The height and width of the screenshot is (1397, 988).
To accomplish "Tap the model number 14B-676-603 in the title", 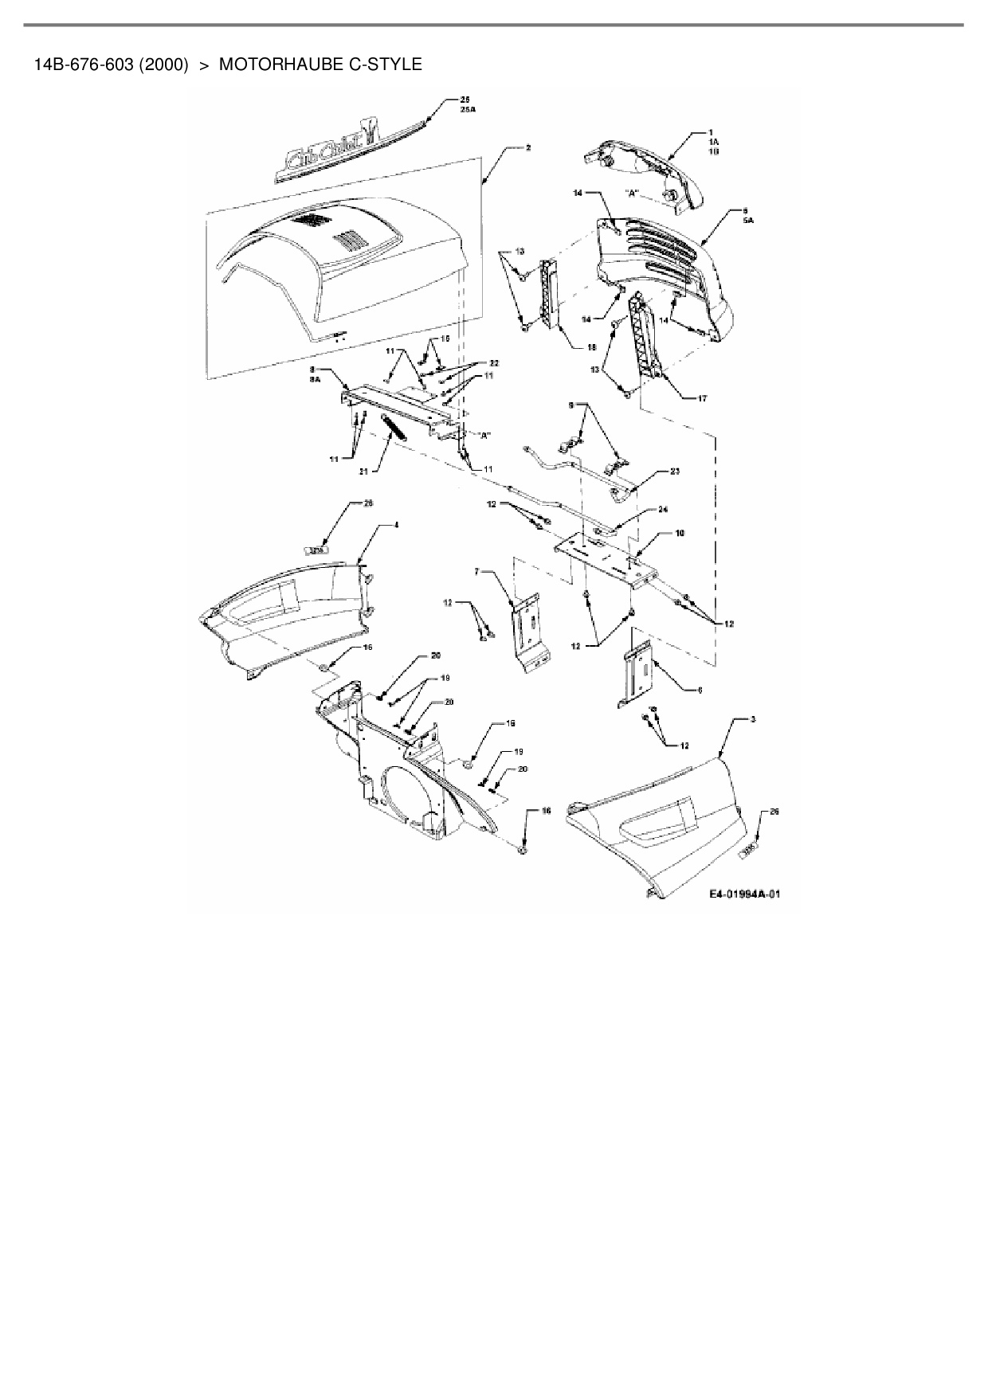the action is pos(84,65).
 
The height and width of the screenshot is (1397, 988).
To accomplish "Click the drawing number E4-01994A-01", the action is pos(744,894).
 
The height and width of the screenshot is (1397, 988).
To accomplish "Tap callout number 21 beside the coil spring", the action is pos(364,472).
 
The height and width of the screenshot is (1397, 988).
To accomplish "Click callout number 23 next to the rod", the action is pos(674,471).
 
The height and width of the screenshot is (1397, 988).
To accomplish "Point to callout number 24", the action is pos(663,509).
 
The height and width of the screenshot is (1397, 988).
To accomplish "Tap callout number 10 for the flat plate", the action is pos(680,533).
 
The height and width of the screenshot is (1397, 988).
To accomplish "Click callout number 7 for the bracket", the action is pos(477,571).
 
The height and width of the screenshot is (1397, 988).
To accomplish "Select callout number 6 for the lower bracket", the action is pos(700,690).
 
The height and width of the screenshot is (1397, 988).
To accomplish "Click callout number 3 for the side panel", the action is pos(752,719).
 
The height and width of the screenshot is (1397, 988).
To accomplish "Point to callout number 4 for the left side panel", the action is pos(396,526).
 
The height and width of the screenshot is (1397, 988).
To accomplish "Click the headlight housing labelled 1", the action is pos(649,167).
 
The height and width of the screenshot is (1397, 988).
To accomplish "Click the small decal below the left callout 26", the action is pos(317,549).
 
